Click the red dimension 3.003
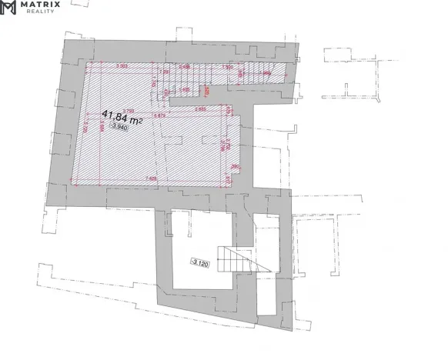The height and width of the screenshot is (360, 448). coord(121,67)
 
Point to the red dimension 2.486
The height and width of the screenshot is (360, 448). coord(184,67)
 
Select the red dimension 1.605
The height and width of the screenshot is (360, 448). coord(185,89)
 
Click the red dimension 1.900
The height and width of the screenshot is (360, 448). coord(228,67)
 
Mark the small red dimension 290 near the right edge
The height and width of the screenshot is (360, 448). coord(234,166)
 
